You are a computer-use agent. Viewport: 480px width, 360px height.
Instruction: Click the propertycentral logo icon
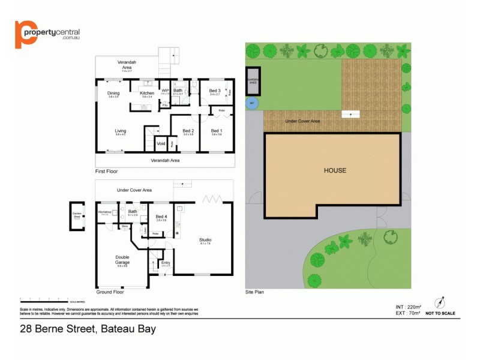coord(24,34)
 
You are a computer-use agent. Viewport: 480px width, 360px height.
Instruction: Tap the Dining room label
coord(113,94)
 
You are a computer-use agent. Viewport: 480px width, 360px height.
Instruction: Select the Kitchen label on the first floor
coord(147,94)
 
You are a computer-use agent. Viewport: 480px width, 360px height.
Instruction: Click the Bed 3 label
coord(215,91)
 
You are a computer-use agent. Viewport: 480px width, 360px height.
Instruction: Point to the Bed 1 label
coord(217,131)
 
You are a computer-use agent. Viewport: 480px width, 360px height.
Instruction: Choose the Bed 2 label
coord(188,131)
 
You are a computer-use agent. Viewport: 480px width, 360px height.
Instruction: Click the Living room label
coord(121,131)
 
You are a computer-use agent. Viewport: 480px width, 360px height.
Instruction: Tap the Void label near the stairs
coord(161,143)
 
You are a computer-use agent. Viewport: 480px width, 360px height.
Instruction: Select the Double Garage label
coord(122,260)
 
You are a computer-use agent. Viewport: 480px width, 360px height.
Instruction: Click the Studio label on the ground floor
coord(206,241)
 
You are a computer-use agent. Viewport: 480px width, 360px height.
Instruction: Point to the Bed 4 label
coord(161,217)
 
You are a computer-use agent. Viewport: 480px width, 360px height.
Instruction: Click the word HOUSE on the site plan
coord(335,170)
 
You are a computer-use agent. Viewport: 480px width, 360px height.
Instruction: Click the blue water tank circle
coord(251,103)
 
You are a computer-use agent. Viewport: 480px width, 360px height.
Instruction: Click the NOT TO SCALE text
coord(440,313)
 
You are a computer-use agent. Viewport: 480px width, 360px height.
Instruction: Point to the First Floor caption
coord(107,172)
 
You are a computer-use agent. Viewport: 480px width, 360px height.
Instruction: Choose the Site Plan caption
coord(254,293)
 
